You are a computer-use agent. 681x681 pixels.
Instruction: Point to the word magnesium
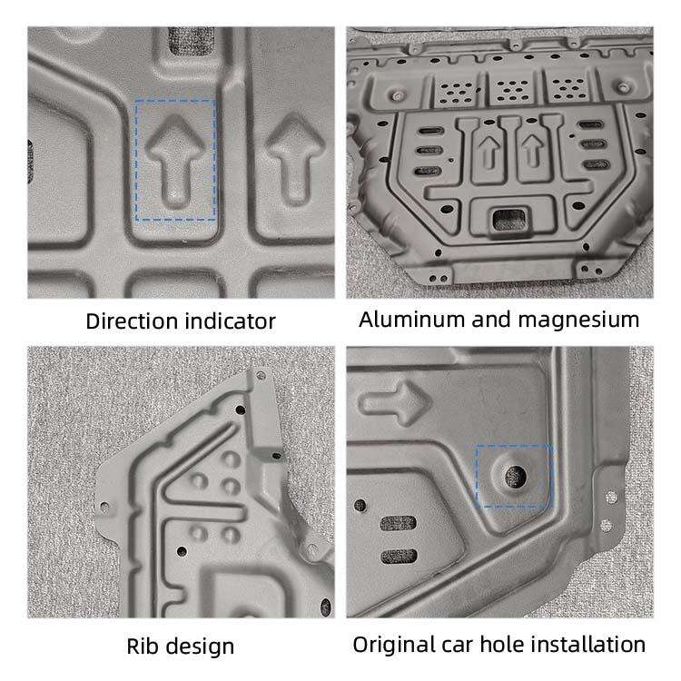[586, 320]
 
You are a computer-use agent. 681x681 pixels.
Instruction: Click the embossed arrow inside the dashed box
[175, 160]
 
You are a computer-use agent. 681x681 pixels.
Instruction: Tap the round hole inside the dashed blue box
[515, 474]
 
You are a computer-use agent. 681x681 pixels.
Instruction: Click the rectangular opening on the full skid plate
[500, 216]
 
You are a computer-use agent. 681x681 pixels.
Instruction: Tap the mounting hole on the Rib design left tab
[104, 508]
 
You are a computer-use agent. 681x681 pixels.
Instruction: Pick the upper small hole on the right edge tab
[608, 498]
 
